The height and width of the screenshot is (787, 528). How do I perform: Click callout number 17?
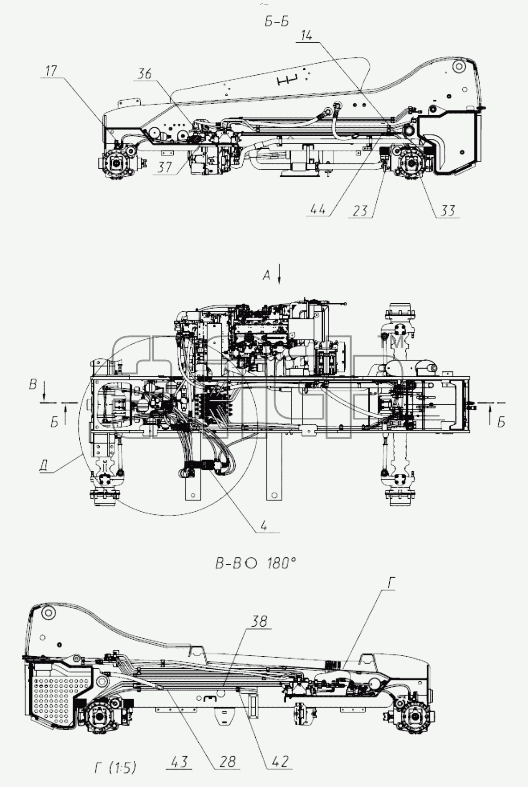51,71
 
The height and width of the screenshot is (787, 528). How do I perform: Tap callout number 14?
306,36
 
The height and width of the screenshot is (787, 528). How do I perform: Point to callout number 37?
165,167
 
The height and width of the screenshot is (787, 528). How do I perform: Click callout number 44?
318,210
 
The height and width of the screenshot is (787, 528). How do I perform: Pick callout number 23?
360,211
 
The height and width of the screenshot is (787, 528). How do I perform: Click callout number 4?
263,526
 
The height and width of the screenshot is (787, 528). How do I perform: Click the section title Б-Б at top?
277,22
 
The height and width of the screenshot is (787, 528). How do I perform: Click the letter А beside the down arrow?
267,276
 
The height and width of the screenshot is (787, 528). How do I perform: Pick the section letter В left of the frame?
33,384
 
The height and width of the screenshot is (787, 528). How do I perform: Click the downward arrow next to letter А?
279,276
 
